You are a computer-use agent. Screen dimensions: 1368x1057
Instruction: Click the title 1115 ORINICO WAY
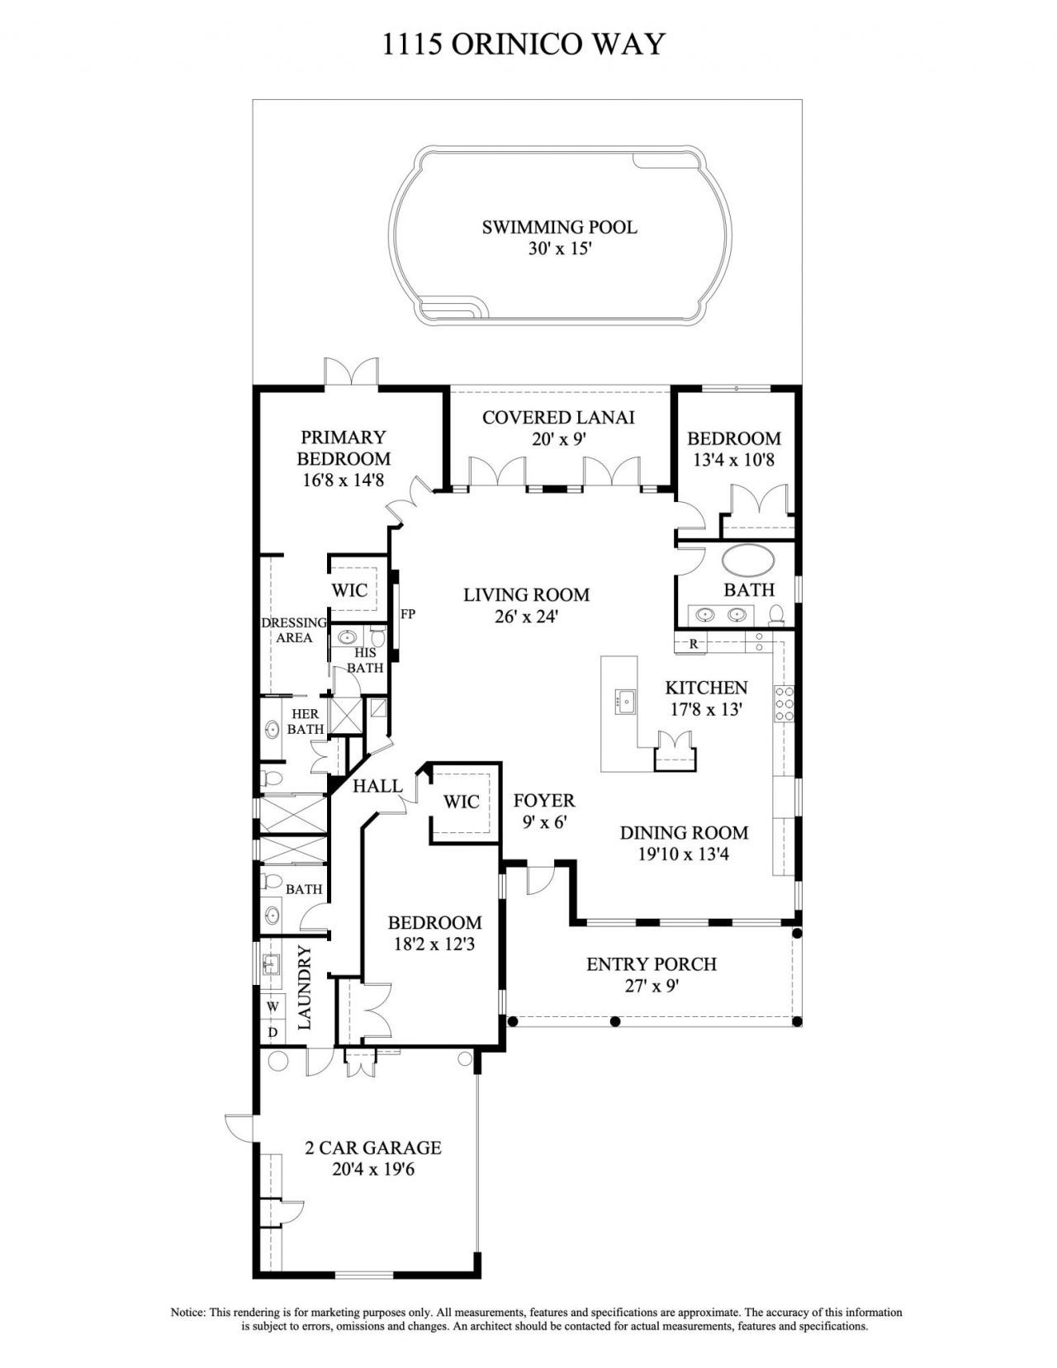tap(524, 43)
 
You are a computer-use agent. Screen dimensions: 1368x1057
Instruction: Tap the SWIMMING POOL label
tap(559, 227)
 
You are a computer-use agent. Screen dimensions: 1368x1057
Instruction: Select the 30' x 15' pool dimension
tap(560, 249)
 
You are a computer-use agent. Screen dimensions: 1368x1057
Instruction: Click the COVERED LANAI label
tap(558, 418)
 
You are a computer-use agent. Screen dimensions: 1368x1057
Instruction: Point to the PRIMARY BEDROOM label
tap(344, 447)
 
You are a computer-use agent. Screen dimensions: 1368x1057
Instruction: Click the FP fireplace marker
tap(407, 614)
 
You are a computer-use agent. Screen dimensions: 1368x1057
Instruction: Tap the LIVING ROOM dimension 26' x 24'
tap(526, 616)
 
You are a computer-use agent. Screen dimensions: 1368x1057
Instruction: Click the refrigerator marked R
tap(694, 643)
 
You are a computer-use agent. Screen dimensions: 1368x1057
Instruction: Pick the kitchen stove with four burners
tap(784, 703)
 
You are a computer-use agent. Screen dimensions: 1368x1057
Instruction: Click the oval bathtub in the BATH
tap(748, 561)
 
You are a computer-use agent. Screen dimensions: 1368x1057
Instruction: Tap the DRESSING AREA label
tap(293, 630)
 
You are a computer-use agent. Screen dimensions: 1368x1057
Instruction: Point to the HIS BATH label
tap(364, 660)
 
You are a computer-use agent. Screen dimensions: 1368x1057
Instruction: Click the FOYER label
tap(543, 801)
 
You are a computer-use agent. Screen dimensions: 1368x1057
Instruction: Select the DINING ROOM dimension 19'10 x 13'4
tap(683, 854)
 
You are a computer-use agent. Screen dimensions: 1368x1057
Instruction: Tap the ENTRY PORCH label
tap(651, 963)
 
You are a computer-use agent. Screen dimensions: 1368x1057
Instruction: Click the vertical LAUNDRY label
tap(305, 987)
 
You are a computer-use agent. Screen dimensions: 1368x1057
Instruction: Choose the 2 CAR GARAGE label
tap(373, 1148)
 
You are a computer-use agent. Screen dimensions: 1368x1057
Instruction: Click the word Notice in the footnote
tap(187, 1312)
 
